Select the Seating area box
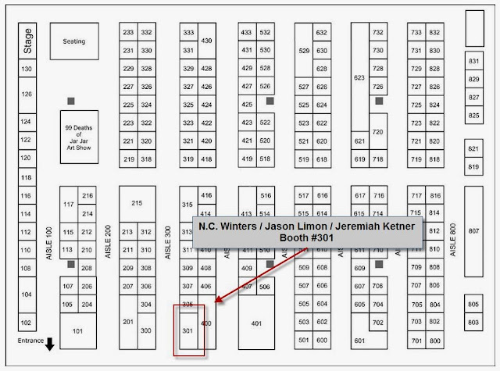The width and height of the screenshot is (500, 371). [x=74, y=41]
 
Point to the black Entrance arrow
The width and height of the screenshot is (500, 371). [x=49, y=344]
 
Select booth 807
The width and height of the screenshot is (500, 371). [x=473, y=231]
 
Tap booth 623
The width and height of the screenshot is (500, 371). [x=359, y=78]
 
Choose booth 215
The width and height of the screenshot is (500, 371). [x=137, y=203]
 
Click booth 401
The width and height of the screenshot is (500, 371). [x=256, y=323]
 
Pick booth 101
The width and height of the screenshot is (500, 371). [x=77, y=331]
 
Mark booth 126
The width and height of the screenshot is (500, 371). [x=27, y=95]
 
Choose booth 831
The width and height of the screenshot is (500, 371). [x=473, y=61]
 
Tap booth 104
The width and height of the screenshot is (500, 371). [x=27, y=294]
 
